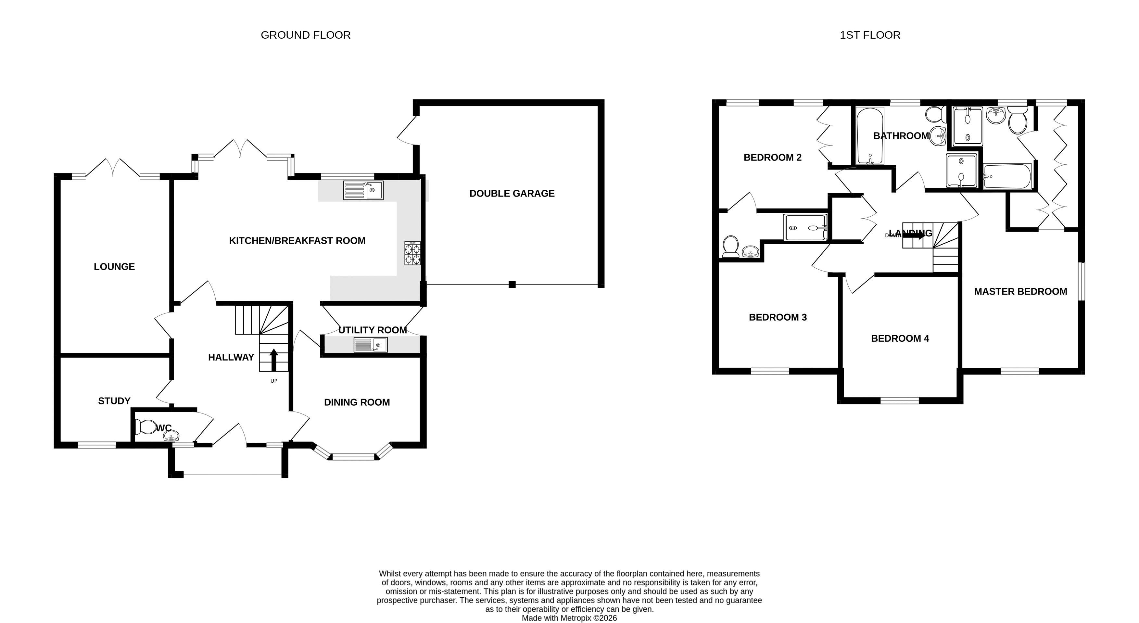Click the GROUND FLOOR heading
(306, 35)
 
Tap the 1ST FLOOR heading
(870, 35)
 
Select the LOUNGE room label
(114, 267)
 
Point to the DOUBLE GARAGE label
(512, 193)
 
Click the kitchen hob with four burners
(412, 253)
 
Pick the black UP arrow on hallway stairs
(274, 360)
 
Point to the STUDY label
(114, 401)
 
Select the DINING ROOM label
(357, 402)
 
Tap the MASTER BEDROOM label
(1020, 291)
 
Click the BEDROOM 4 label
(900, 339)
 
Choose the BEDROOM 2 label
(772, 158)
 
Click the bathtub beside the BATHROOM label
(870, 136)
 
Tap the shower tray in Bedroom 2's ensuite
(805, 228)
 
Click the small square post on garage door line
(512, 284)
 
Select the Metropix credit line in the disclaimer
(569, 618)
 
